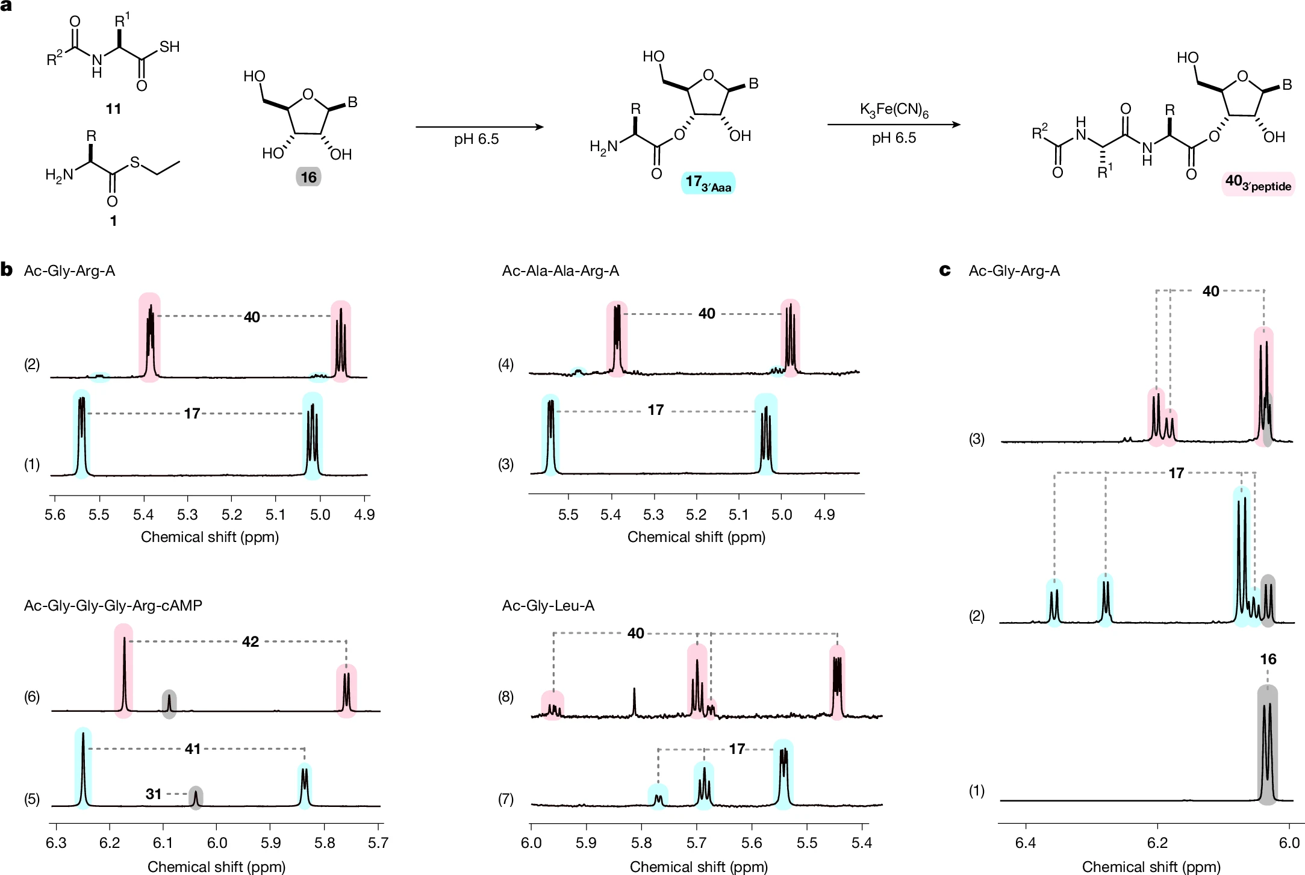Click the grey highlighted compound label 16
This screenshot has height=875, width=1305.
[308, 177]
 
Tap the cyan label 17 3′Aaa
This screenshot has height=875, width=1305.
[708, 183]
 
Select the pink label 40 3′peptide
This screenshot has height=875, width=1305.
[1258, 183]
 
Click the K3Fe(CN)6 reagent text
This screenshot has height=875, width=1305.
[894, 111]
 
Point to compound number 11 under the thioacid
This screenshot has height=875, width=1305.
[113, 109]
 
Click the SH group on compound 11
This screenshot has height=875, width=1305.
[169, 47]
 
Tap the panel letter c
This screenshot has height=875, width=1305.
[945, 270]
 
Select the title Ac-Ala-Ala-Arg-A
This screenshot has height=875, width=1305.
[560, 271]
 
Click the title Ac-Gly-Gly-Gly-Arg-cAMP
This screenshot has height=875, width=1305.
[113, 605]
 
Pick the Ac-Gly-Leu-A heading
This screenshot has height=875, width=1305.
[548, 605]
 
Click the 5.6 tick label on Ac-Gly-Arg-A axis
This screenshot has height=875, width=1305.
[55, 515]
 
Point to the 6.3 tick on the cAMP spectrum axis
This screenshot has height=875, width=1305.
[56, 842]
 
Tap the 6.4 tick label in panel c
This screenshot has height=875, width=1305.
[1026, 842]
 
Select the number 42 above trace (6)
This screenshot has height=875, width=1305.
[251, 642]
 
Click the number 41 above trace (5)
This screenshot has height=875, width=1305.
[193, 749]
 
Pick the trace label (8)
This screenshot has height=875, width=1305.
[506, 697]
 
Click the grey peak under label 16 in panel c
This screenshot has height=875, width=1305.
[1267, 747]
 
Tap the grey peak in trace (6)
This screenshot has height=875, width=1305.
[169, 703]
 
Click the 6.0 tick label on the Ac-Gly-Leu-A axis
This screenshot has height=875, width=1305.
[531, 842]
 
